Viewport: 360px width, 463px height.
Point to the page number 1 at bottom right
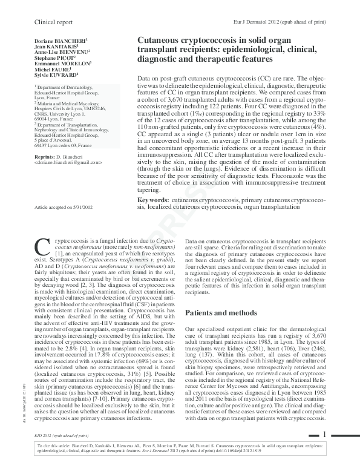pyautogui.click(x=324, y=433)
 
